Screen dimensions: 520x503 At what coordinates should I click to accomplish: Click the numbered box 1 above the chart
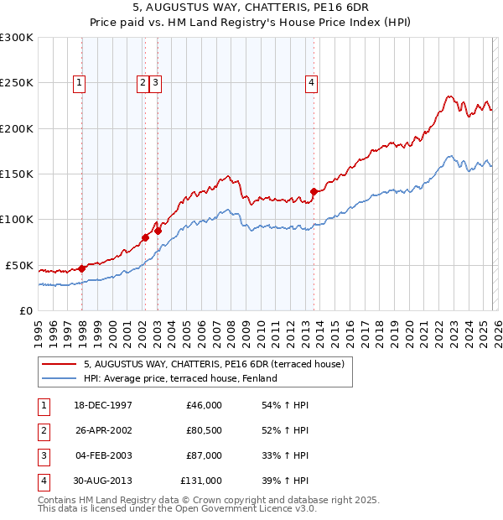[78, 82]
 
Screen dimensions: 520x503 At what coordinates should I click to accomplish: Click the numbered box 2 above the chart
[143, 82]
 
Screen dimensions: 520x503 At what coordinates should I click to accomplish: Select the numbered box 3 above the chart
[157, 82]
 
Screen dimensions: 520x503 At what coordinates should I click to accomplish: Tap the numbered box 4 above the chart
[311, 82]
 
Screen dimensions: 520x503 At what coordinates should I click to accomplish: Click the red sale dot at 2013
[314, 191]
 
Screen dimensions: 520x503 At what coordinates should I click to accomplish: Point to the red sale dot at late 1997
[81, 268]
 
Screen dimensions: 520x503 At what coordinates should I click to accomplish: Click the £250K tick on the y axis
[17, 83]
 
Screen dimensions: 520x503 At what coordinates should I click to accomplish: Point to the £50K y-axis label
[19, 265]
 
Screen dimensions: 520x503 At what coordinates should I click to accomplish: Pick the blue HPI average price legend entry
[179, 379]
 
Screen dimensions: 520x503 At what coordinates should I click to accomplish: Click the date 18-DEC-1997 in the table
[103, 405]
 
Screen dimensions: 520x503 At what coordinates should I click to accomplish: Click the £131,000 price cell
[200, 481]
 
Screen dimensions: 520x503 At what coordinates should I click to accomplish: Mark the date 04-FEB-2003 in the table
[103, 455]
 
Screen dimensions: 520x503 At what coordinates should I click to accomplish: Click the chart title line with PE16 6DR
[251, 8]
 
